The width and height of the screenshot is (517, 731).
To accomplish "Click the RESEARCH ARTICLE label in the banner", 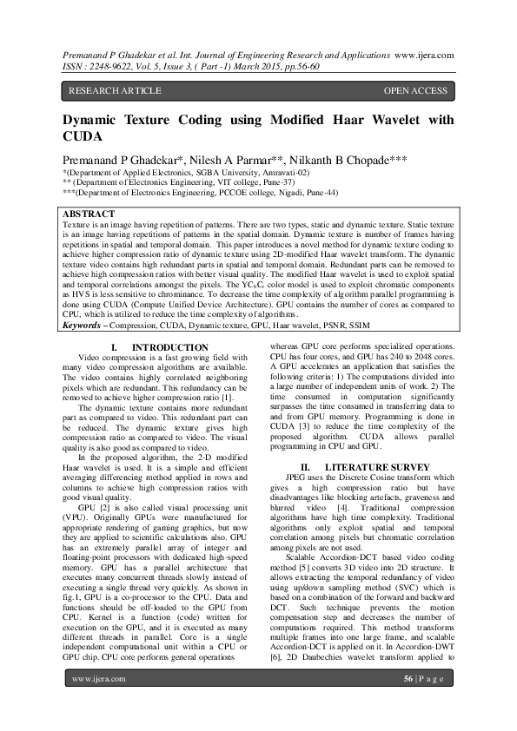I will (115, 90).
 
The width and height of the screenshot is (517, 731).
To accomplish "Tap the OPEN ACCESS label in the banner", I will (415, 90).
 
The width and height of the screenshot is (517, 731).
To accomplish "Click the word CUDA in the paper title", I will (83, 137).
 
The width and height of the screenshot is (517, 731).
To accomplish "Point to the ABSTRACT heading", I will (89, 214).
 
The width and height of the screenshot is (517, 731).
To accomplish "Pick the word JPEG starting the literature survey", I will (299, 477).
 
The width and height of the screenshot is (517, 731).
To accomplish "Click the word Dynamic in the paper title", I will (95, 121).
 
